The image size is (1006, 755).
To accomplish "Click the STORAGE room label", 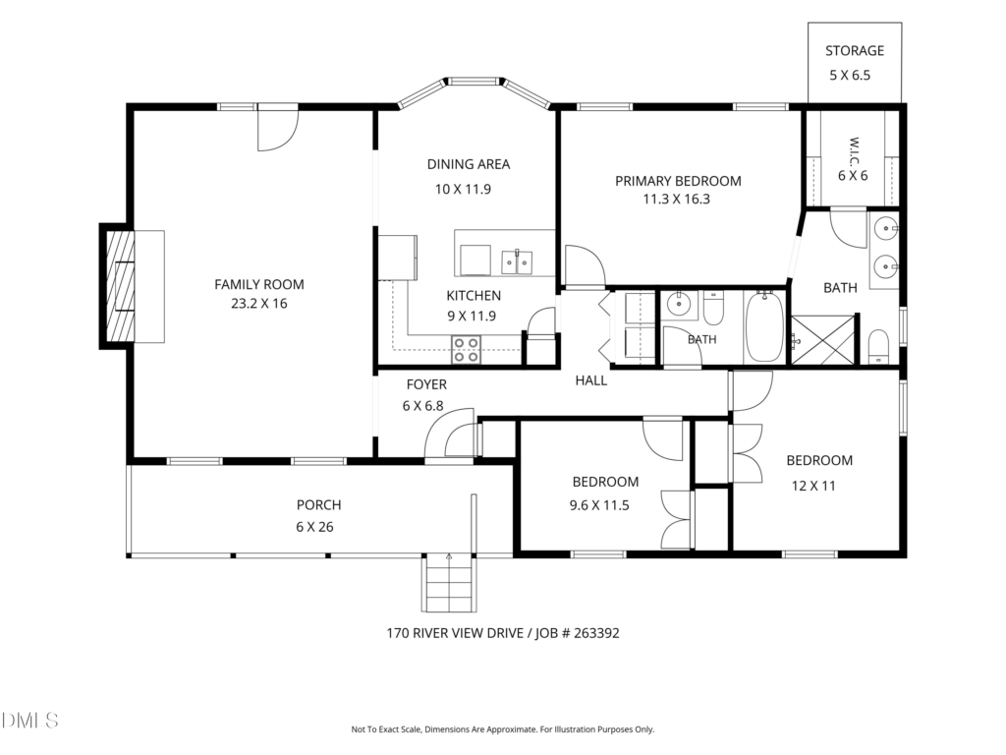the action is coord(855,51).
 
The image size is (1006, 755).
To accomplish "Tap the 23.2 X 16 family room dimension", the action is coord(259,304).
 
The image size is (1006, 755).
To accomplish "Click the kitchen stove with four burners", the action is coord(466,350).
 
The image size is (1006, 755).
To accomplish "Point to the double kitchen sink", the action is coord(517,261).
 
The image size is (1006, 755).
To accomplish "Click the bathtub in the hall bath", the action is coord(764,326).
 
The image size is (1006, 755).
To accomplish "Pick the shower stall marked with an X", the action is coord(823,339).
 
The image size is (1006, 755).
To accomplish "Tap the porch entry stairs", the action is coord(449,582).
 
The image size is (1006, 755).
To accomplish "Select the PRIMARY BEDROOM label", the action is coord(678,181).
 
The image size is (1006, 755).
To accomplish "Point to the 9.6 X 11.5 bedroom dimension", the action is coord(599,506).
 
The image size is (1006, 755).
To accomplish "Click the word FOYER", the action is coord(426,384).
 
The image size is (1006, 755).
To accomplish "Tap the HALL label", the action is coord(590,380).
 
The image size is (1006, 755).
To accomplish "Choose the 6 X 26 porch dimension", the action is coord(315,527).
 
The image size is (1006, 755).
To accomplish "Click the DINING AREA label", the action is coord(469,164).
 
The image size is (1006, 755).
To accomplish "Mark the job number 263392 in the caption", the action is coord(596,633).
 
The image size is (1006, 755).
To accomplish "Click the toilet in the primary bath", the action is coord(878,347).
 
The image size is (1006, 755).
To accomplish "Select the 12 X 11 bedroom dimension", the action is coord(813,486).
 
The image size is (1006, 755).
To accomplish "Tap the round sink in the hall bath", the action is coord(678,303).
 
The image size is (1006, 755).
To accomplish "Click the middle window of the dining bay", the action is coord(474,82).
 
